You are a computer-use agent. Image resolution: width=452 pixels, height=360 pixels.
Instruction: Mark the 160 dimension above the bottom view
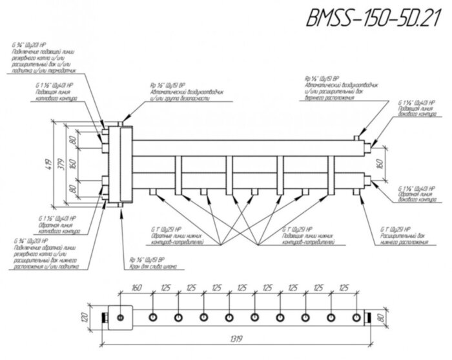point(136,288)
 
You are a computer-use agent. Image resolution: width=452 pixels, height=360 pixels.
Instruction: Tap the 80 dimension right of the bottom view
point(383,317)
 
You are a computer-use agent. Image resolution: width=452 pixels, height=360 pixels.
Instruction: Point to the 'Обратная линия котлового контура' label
point(48,226)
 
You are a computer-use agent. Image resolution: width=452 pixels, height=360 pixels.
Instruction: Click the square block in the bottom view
point(121,317)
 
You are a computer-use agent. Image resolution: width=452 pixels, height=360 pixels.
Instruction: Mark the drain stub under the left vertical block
point(121,207)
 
